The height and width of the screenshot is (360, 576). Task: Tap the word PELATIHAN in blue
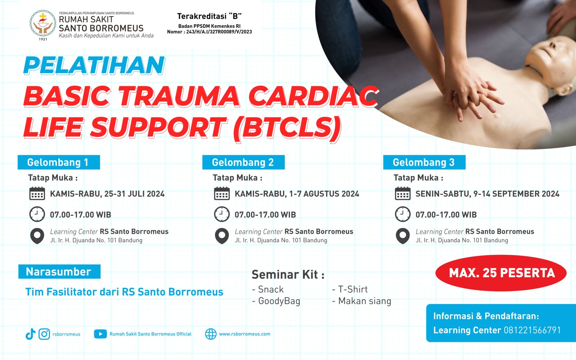[x=94, y=66]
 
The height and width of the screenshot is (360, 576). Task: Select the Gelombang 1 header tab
[x=59, y=162]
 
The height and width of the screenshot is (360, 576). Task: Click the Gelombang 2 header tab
[x=243, y=162]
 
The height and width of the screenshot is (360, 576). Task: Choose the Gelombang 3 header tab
[x=424, y=162]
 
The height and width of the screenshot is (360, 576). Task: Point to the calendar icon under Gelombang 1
[x=37, y=194]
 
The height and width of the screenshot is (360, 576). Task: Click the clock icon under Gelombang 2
[x=222, y=214]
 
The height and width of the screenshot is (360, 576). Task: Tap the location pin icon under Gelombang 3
[x=402, y=236]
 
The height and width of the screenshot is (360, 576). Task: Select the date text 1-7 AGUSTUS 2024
[x=324, y=194]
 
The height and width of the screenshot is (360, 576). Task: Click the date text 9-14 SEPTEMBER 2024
[x=516, y=194]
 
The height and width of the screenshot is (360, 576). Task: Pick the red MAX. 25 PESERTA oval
[x=501, y=273]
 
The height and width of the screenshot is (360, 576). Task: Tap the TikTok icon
[x=30, y=334]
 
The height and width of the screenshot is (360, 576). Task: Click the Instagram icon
[x=44, y=334]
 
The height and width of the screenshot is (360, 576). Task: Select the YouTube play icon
[x=100, y=334]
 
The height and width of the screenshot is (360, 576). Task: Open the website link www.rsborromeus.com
[x=244, y=334]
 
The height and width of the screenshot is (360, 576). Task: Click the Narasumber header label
[x=59, y=272]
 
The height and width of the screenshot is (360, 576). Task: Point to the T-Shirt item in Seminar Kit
[x=350, y=289]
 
